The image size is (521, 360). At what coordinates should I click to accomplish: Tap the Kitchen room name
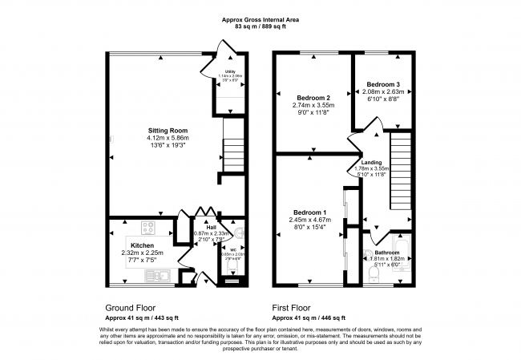tap(143, 245)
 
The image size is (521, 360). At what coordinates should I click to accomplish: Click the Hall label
tap(212, 227)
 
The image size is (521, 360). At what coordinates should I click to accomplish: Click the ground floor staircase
tap(232, 150)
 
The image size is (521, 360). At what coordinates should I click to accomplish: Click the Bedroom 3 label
tap(383, 84)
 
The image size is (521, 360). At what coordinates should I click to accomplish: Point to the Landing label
tap(371, 162)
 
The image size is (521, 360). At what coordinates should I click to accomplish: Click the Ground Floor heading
tap(131, 307)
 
